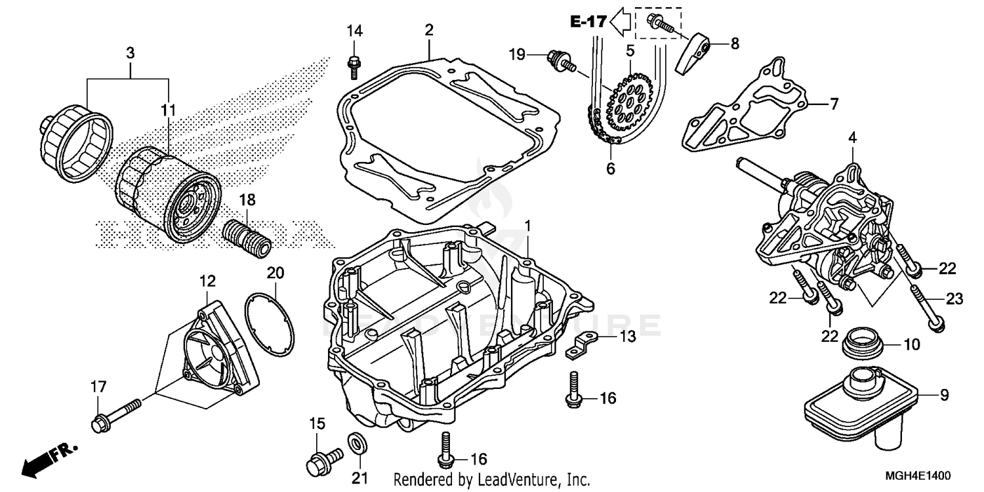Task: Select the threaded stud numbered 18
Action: click(x=247, y=238)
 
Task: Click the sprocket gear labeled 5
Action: click(x=628, y=101)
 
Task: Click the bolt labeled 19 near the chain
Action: click(x=559, y=60)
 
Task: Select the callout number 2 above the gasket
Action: click(x=428, y=30)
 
